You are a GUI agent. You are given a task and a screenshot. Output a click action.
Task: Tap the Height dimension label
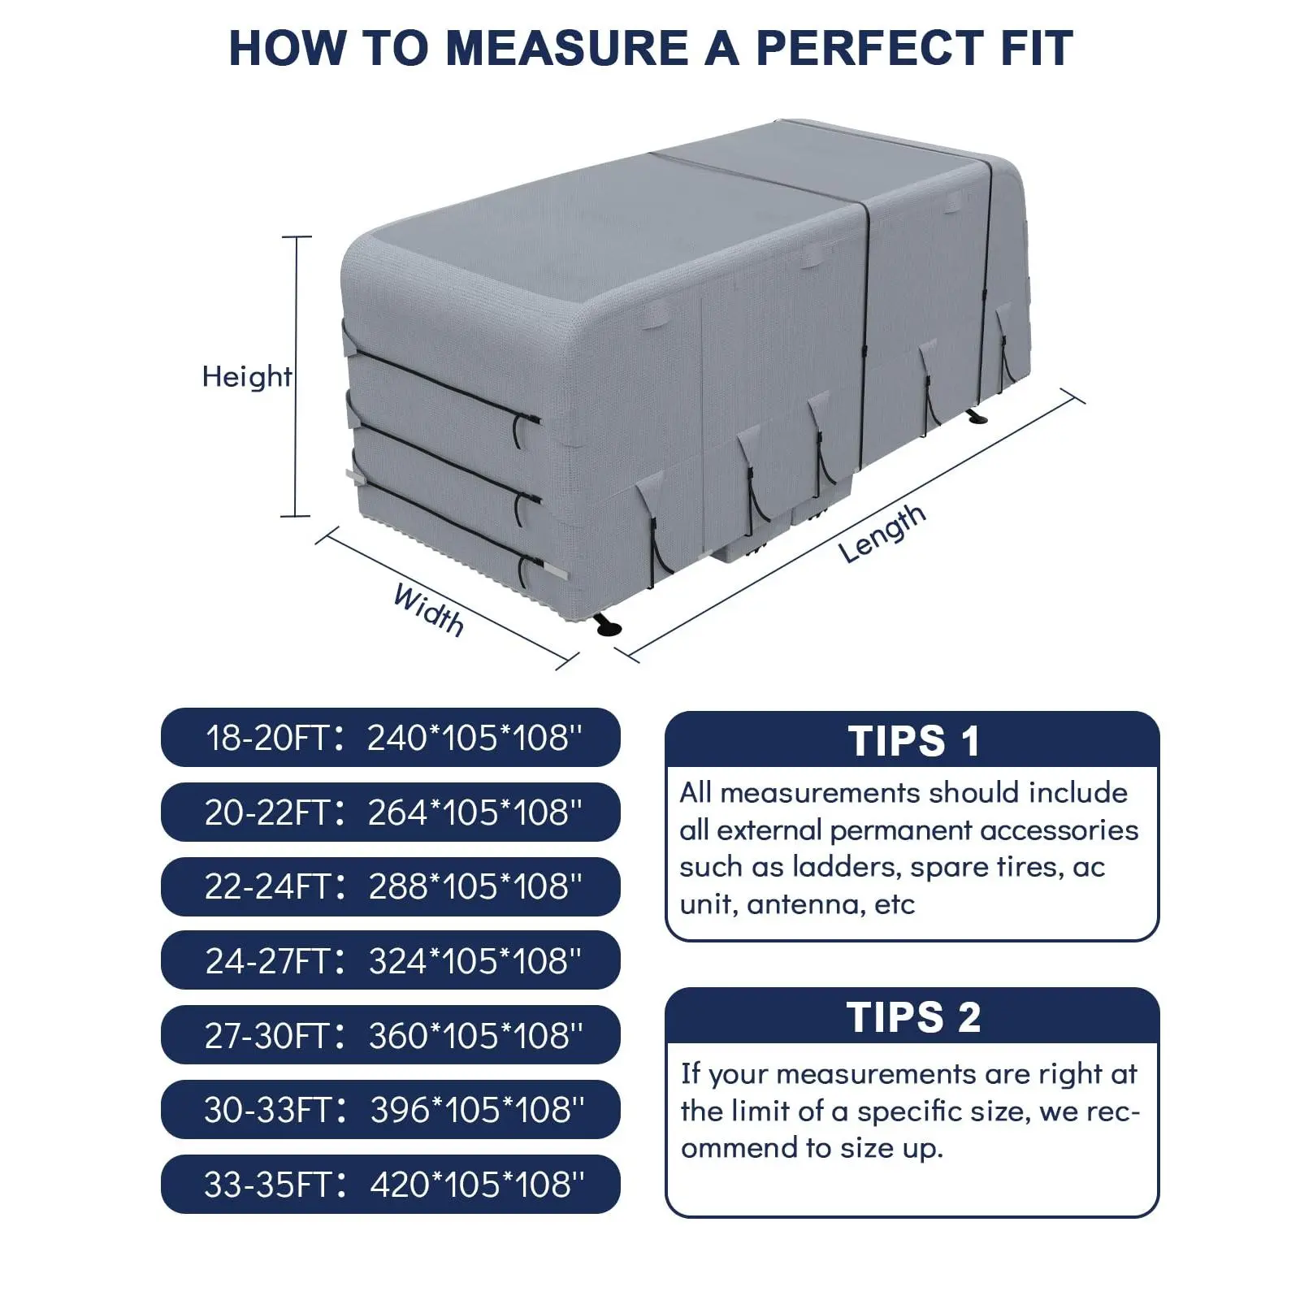[x=247, y=377]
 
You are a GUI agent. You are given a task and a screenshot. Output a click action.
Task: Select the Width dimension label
[x=429, y=609]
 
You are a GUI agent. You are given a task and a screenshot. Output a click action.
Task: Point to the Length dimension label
[x=882, y=533]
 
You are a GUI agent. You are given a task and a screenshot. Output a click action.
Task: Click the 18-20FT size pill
[x=391, y=738]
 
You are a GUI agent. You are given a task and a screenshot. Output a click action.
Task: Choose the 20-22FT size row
[x=391, y=812]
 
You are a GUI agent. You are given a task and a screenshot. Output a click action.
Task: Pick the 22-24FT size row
[x=391, y=886]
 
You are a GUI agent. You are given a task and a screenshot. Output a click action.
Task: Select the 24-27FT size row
[x=391, y=960]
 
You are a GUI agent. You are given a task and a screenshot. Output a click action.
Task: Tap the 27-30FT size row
[x=391, y=1035]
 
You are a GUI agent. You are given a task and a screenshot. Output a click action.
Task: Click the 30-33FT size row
[x=391, y=1110]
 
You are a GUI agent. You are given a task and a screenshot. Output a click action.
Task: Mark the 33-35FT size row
[x=391, y=1185]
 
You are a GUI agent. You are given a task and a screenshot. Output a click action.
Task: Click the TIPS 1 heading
[x=913, y=741]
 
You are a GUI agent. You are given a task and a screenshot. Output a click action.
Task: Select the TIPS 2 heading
[x=913, y=1017]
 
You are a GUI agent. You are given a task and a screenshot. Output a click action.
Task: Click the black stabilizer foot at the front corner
[x=607, y=626]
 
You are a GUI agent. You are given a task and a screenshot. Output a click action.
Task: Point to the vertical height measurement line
[x=297, y=376]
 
